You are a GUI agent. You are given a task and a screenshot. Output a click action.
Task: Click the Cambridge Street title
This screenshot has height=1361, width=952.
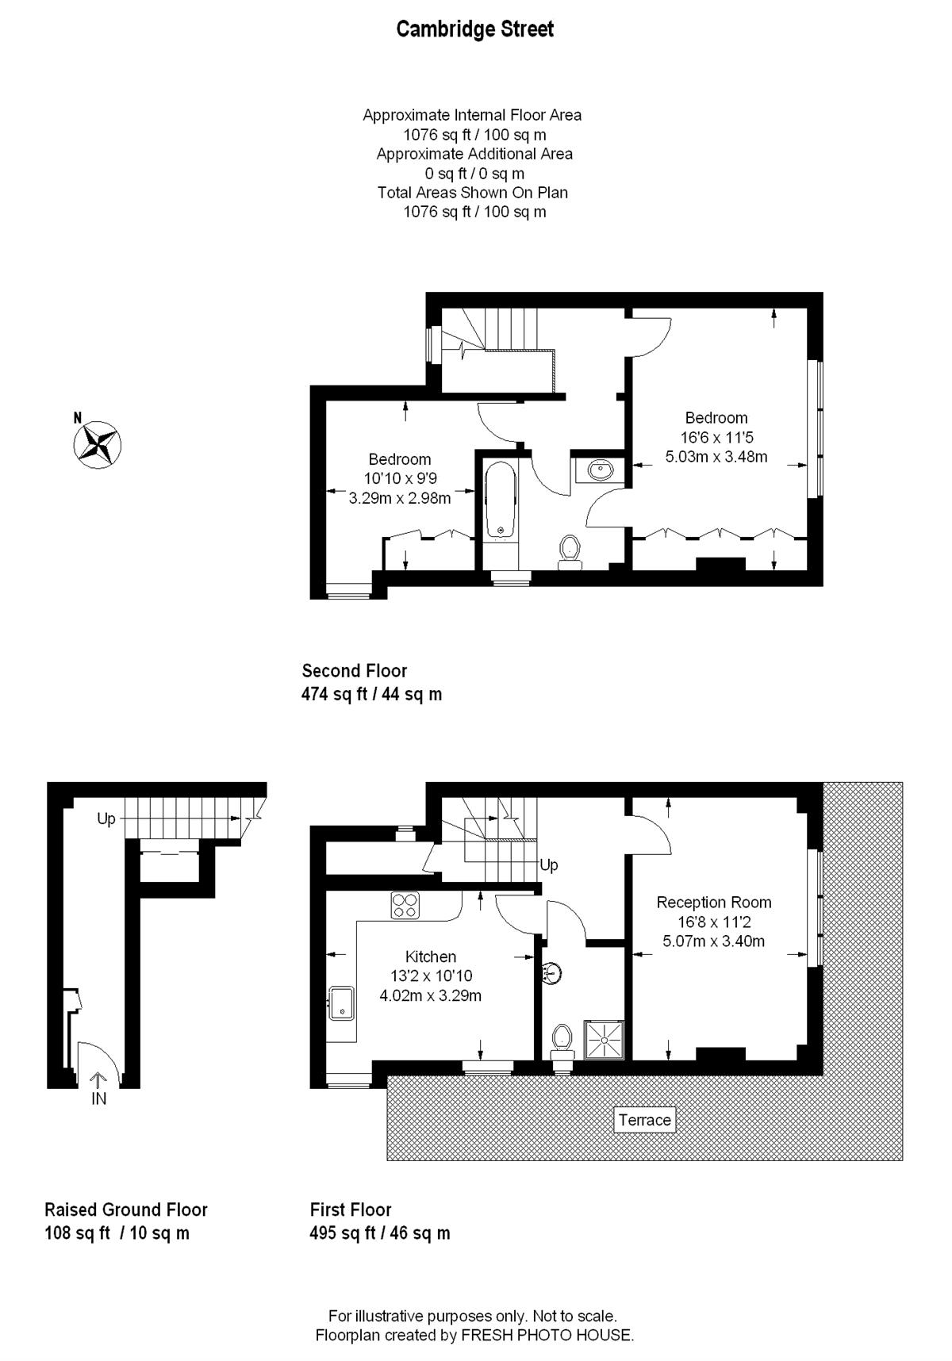474,29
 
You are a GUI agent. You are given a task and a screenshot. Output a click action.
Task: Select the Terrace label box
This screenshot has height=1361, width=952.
645,1119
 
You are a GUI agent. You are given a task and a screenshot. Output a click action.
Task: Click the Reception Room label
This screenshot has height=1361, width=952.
714,902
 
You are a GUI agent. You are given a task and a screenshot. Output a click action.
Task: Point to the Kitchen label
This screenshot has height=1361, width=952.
431,957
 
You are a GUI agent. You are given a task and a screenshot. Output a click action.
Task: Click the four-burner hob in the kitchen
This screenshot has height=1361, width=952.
405,905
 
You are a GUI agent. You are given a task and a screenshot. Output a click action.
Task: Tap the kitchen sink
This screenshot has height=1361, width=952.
342,1003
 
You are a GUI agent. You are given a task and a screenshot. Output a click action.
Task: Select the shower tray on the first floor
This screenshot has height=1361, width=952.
605,1039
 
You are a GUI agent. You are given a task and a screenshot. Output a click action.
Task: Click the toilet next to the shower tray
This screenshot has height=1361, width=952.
562,1041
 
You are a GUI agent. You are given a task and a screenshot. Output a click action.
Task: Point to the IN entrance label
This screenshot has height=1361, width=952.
98,1098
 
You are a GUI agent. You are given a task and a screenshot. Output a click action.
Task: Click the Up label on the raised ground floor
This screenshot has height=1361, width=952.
106,819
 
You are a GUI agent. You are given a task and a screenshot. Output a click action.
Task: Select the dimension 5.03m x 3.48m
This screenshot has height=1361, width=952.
716,456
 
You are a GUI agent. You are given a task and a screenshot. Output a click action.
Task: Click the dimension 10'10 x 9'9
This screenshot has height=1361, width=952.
400,478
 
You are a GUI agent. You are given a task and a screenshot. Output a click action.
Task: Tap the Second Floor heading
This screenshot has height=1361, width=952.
355,670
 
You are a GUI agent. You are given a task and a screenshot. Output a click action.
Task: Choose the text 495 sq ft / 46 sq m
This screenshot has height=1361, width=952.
380,1233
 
